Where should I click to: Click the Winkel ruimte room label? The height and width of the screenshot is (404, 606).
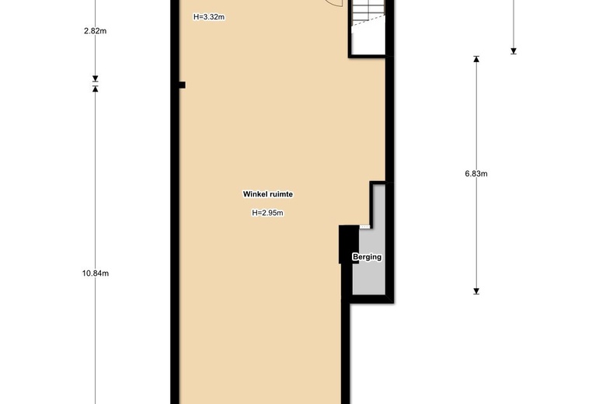[267, 194]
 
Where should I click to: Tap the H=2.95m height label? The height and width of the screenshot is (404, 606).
[267, 213]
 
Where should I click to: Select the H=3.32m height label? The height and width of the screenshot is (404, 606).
[209, 17]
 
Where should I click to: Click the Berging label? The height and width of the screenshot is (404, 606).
[367, 256]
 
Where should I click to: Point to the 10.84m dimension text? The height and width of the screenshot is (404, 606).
[95, 273]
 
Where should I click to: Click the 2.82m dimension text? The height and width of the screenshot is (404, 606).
[95, 31]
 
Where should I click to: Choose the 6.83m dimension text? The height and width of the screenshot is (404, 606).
[476, 173]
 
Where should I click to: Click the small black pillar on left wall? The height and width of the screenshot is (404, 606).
[182, 85]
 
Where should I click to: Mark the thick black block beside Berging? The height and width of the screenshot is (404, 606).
[349, 245]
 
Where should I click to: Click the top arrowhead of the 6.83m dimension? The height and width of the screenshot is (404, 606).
[476, 59]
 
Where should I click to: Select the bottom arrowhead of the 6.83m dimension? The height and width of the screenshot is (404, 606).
[476, 291]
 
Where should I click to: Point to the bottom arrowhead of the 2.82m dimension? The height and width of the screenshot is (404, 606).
[95, 79]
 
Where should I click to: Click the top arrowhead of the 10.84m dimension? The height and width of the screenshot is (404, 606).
[95, 89]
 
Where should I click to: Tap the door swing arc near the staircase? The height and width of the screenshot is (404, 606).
[335, 4]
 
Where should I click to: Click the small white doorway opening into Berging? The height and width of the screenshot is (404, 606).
[365, 227]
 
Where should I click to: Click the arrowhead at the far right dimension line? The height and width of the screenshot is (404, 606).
[514, 51]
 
